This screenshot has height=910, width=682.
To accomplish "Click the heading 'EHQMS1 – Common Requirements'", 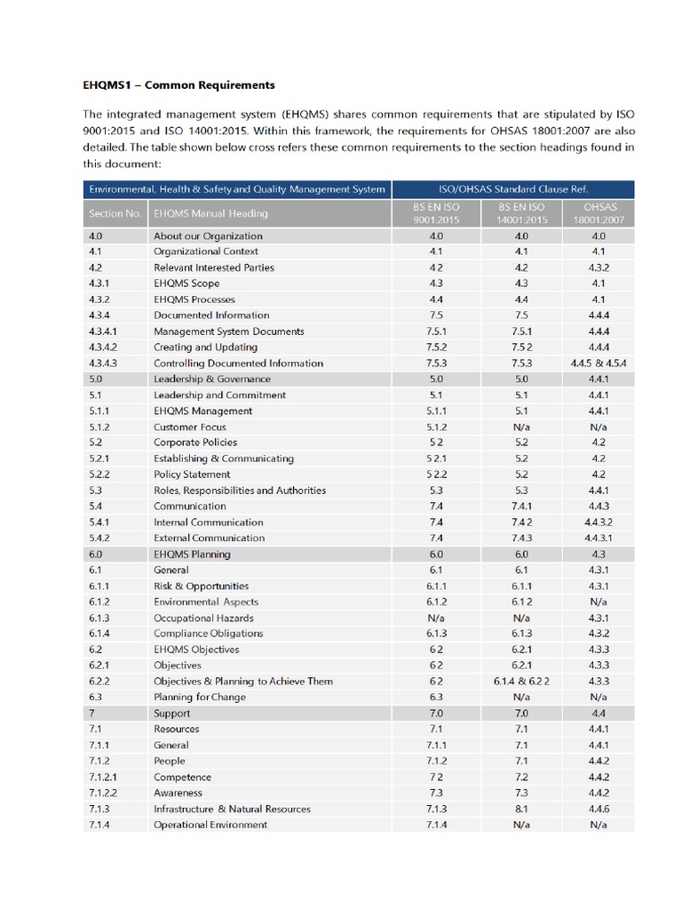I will [x=178, y=85].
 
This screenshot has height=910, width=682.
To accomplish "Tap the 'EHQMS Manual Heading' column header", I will [x=210, y=213].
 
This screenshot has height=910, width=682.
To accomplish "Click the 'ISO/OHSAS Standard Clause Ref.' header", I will [x=513, y=188].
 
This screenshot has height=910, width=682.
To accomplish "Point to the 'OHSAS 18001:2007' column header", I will [x=598, y=213].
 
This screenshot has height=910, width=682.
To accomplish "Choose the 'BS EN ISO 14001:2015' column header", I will [x=521, y=213].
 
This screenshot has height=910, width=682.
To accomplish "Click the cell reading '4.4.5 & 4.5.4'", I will [x=598, y=363].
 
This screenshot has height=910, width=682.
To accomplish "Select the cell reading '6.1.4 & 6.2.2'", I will [x=521, y=682].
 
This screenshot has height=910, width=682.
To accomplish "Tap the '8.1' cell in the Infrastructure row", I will [x=521, y=809].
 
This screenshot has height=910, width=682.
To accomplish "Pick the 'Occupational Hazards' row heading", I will [x=203, y=618].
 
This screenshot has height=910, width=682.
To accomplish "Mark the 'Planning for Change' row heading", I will [x=200, y=698].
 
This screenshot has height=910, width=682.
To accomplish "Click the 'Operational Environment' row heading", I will [x=210, y=825].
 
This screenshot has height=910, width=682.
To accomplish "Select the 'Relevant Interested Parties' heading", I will [x=214, y=267].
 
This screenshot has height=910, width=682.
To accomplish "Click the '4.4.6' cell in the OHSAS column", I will [x=598, y=809].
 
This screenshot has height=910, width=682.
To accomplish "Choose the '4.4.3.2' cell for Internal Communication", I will [x=598, y=523].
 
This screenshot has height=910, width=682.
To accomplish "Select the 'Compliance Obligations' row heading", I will [x=209, y=634].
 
